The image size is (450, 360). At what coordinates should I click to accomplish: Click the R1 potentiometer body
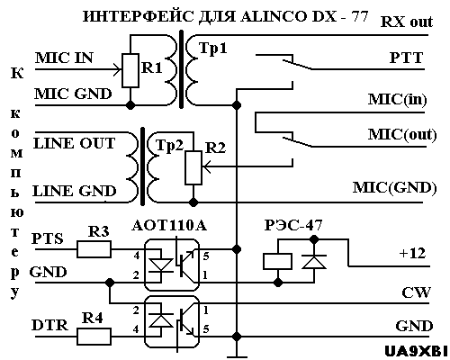point(130,70)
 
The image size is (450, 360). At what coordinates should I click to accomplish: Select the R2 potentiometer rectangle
point(193,167)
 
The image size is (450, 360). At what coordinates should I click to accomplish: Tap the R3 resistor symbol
point(94,249)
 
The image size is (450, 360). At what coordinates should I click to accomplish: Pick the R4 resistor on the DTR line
point(94,337)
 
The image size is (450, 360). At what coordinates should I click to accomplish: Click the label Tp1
point(213,49)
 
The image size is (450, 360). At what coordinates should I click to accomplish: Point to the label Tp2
point(169,146)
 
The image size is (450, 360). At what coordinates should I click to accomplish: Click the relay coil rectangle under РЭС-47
point(277,261)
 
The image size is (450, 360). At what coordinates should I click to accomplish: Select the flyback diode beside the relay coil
point(314,261)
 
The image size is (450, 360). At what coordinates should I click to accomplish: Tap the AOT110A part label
point(169,226)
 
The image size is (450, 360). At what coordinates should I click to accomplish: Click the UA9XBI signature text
point(416,351)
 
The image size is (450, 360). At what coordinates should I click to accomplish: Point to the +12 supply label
point(412,254)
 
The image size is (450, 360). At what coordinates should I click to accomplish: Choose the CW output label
point(416,292)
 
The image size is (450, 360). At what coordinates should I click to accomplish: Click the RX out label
point(407,22)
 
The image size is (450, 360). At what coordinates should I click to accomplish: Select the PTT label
point(406,58)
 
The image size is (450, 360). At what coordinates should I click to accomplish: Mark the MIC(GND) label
point(394,188)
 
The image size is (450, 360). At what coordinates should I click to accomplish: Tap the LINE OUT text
point(74,143)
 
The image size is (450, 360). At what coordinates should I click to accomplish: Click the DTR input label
point(49,325)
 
